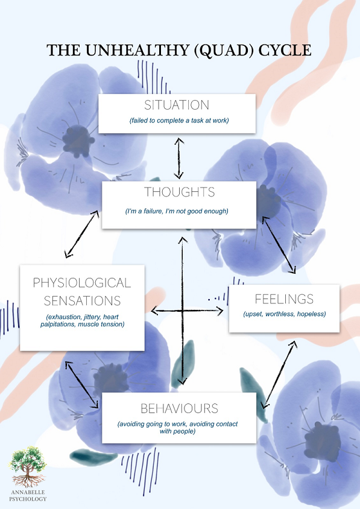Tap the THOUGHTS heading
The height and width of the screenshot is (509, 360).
[179, 192]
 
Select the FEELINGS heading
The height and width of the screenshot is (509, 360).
[284, 299]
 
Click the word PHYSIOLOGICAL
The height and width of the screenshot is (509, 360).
[82, 282]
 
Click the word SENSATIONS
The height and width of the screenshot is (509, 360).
[82, 300]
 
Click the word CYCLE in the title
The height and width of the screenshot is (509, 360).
[285, 50]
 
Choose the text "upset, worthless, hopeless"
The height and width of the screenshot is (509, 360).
[284, 314]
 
